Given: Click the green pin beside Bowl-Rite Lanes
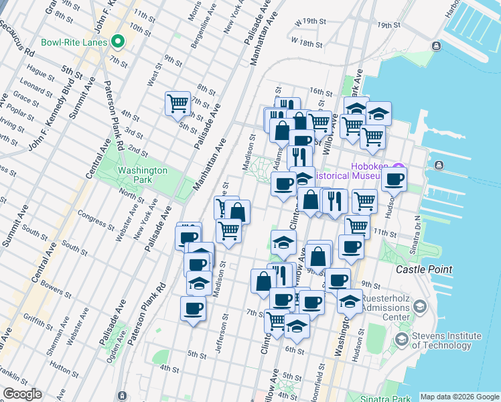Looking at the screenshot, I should click(118, 42).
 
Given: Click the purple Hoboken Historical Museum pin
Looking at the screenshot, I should click(400, 167).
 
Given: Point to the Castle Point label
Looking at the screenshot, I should click(423, 269).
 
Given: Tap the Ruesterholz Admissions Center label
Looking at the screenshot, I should click(395, 308).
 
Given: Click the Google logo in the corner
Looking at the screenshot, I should click(21, 394).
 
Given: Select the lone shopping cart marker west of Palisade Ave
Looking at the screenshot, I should click(177, 103).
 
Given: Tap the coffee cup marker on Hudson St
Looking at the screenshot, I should click(395, 179).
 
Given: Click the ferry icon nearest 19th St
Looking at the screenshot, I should click(437, 46).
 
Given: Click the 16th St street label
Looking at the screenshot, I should click(321, 91).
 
